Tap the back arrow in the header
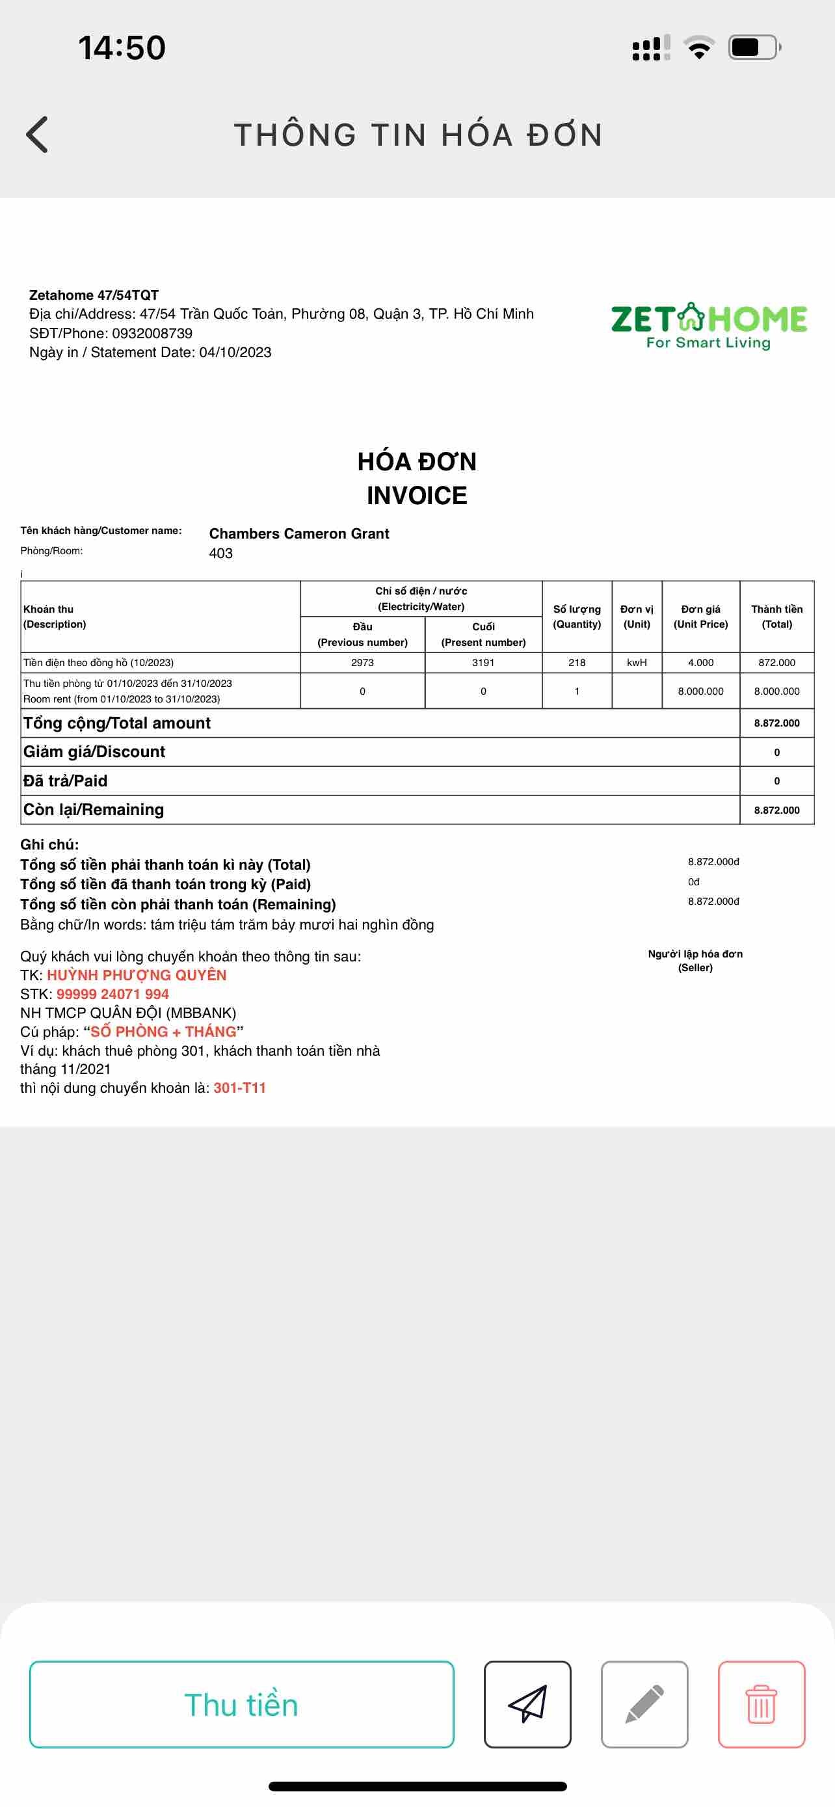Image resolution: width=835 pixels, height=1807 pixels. coord(37,135)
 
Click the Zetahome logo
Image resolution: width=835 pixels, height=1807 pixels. coord(708,325)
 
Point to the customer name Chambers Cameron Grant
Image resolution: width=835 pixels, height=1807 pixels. coord(298,534)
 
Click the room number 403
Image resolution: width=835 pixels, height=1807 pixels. coord(221,554)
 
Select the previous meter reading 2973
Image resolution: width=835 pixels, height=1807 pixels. coord(362,663)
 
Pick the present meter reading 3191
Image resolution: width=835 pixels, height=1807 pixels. coord(483,663)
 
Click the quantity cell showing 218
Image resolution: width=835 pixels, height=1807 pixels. coord(577,663)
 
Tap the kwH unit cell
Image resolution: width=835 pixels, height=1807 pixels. coord(637,663)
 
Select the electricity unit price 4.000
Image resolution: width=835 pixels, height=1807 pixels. coord(700,663)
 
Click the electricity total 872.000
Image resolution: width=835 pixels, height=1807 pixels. coord(777,663)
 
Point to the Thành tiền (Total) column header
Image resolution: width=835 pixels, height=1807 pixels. coord(777,617)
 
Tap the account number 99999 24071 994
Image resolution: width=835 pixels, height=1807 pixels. coord(113,994)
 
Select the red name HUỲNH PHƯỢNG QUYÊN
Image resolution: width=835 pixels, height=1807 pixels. coord(137,975)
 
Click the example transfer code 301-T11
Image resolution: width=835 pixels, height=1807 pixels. coord(240,1088)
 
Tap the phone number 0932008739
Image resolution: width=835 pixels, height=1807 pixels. coord(152,333)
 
